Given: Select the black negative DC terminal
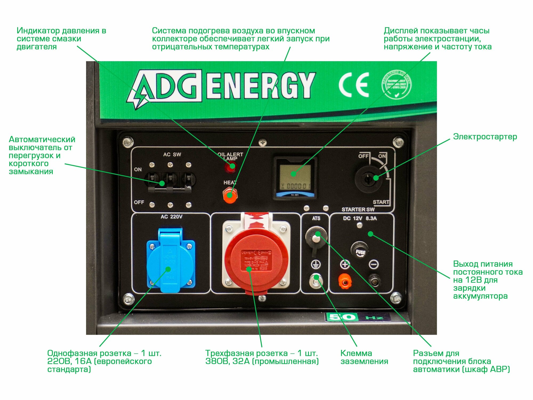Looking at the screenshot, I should [x=374, y=280].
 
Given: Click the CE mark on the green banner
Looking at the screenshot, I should [x=354, y=85].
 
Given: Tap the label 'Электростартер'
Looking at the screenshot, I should [x=485, y=137].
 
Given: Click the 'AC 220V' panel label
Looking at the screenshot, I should [x=171, y=217].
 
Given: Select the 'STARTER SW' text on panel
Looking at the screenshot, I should [x=358, y=210].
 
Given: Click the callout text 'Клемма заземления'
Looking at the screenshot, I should [x=364, y=357].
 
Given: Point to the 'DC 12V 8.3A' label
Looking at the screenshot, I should [x=360, y=218].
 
